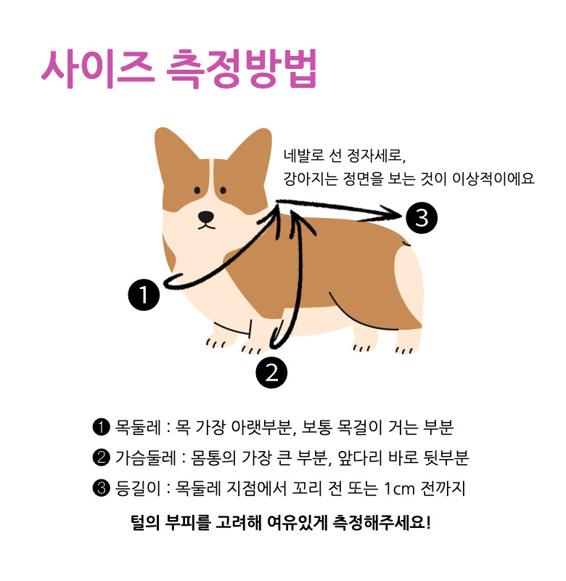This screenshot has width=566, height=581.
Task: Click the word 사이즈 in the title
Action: click(x=97, y=69)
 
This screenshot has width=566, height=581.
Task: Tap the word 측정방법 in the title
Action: click(x=242, y=69)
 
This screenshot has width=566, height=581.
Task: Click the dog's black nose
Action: click(x=206, y=216)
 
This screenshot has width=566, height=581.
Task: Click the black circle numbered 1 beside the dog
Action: click(x=144, y=295)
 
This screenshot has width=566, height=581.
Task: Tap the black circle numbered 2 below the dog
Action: click(x=271, y=373)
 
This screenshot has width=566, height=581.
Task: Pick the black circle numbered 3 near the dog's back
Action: click(x=422, y=218)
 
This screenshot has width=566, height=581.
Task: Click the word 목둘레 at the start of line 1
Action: click(x=138, y=427)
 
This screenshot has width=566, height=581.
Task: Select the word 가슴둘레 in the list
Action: click(x=146, y=458)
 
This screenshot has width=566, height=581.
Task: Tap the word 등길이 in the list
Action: click(x=138, y=488)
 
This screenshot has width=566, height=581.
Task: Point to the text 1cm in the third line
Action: click(x=399, y=489)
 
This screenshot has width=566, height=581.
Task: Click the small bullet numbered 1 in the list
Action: click(x=101, y=427)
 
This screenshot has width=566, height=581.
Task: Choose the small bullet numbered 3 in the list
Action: click(x=101, y=488)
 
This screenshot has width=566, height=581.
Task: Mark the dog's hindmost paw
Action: click(x=407, y=343)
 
